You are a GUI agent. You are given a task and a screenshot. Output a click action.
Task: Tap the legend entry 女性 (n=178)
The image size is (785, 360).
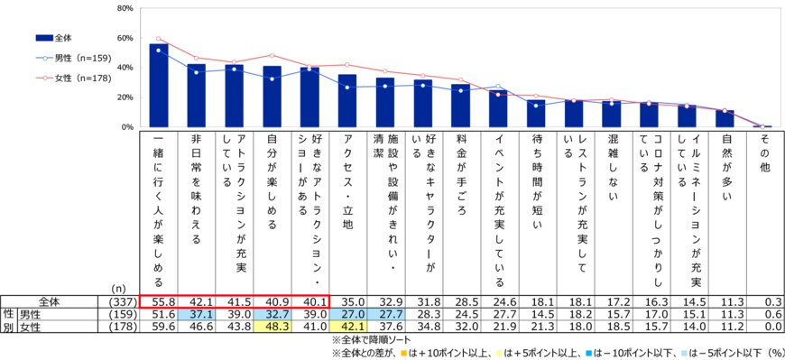pyautogui.click(x=72, y=78)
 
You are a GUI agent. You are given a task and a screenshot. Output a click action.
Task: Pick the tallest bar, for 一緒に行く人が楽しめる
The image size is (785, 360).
pyautogui.click(x=158, y=86)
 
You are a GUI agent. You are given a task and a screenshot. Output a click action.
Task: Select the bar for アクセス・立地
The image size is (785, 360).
pyautogui.click(x=347, y=101)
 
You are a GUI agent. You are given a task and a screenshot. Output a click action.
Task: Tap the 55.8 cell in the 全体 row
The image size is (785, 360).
pyautogui.click(x=158, y=302)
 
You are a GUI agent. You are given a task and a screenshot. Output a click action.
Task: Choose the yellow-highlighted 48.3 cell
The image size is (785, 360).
pyautogui.click(x=272, y=328)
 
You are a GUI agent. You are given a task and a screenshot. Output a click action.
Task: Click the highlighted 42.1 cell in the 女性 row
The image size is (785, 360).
pyautogui.click(x=347, y=328)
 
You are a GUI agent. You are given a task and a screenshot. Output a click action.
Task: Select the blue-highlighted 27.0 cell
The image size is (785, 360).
pyautogui.click(x=347, y=315)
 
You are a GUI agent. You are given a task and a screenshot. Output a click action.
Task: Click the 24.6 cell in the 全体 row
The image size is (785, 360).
pyautogui.click(x=498, y=302)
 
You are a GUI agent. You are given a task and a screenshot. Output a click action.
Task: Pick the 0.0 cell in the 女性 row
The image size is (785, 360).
pyautogui.click(x=763, y=328)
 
